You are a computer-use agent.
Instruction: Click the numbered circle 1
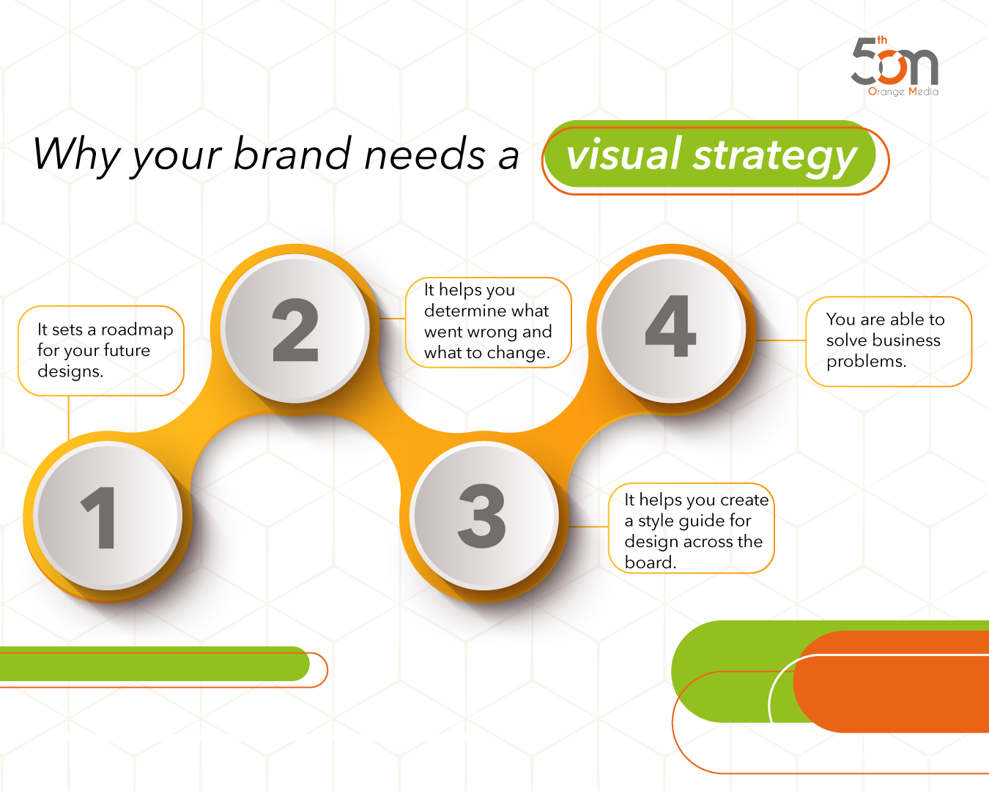click(x=108, y=516)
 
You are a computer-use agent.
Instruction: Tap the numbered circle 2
click(x=295, y=329)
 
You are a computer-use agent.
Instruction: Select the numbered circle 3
click(x=483, y=516)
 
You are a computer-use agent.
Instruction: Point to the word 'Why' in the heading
click(x=76, y=155)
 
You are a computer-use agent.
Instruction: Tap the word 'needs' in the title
click(x=425, y=155)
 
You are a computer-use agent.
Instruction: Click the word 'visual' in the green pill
click(x=624, y=155)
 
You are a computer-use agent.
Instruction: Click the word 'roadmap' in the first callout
click(x=137, y=330)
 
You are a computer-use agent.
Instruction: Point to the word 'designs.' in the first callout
click(x=70, y=371)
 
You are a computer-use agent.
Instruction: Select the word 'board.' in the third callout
click(x=651, y=562)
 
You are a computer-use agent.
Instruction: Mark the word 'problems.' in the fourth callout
click(x=866, y=361)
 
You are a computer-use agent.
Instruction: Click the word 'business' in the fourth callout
click(x=903, y=340)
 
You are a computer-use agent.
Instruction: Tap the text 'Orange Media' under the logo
click(x=903, y=92)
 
